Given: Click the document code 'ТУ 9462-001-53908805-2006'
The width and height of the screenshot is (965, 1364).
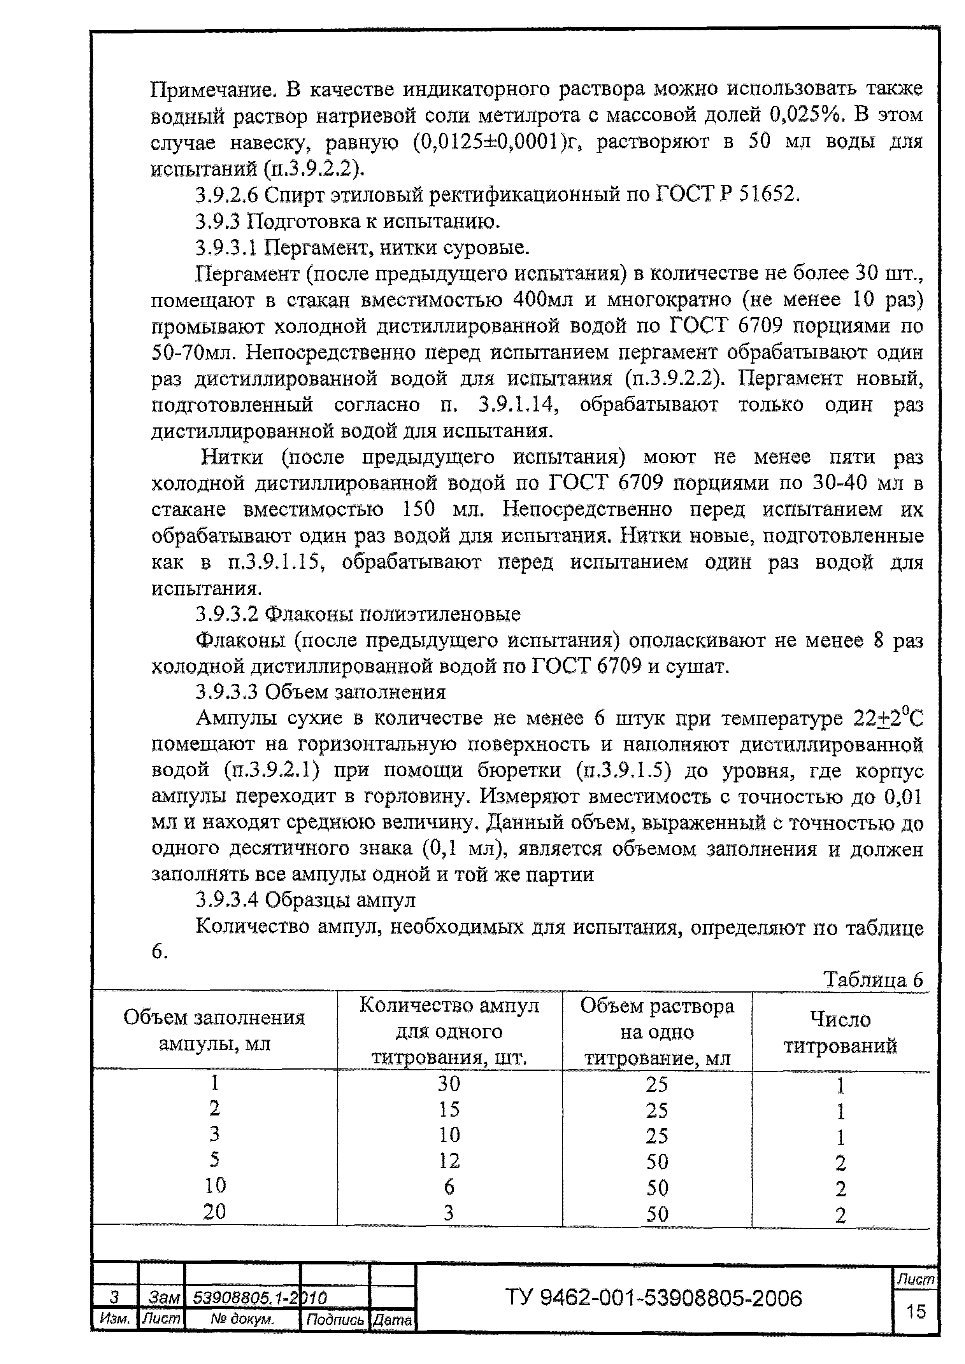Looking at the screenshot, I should pyautogui.click(x=654, y=1298).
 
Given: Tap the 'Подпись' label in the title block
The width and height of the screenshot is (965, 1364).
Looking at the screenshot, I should pyautogui.click(x=335, y=1319).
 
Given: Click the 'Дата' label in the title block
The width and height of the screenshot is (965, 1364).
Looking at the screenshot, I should pyautogui.click(x=392, y=1319).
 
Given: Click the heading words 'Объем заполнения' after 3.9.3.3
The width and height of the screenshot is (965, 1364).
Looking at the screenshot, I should pyautogui.click(x=355, y=692).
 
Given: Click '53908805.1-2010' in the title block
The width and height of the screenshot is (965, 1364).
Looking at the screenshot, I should pyautogui.click(x=260, y=1297).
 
